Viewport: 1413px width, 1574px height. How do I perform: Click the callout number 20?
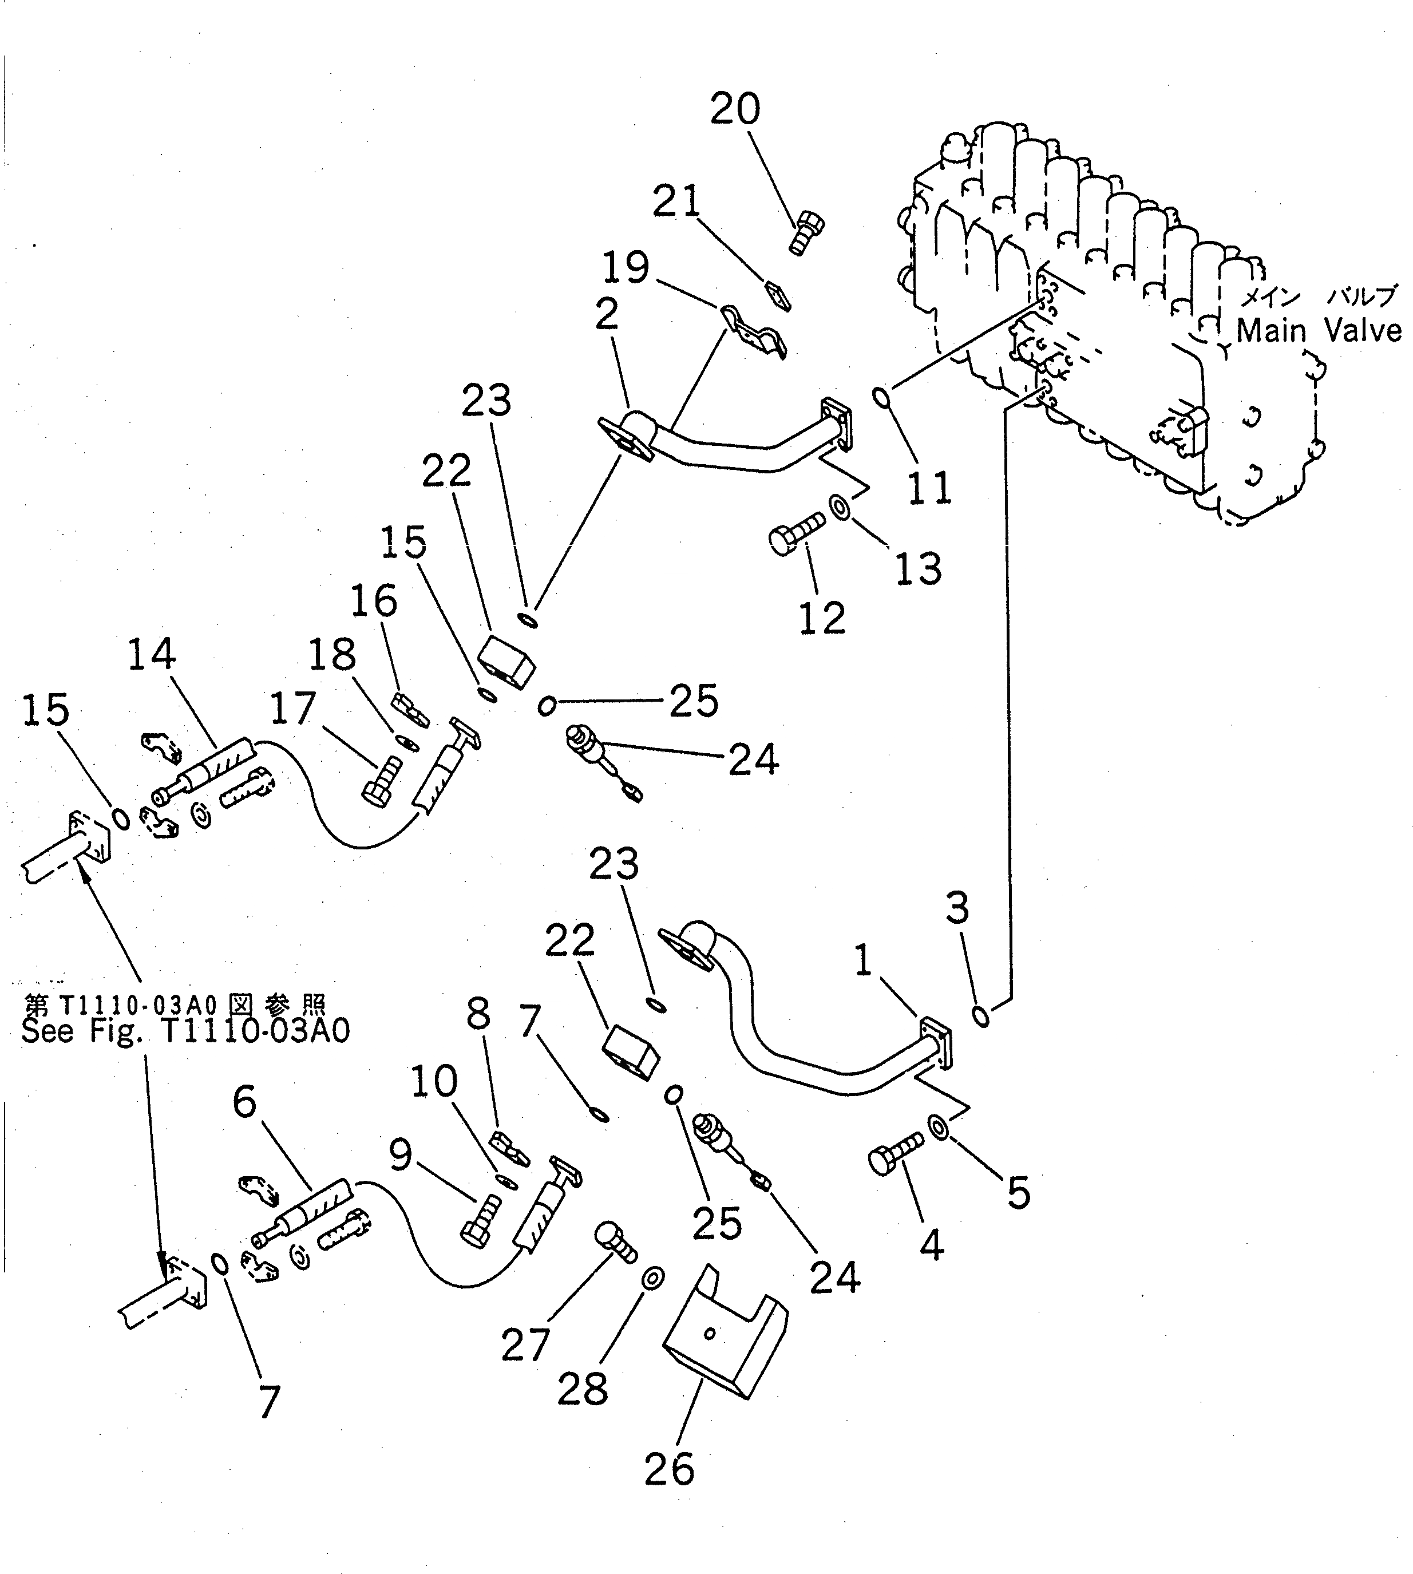coord(734,109)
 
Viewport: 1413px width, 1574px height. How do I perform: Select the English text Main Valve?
coord(1318,331)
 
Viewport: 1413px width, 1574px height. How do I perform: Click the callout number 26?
coord(668,1469)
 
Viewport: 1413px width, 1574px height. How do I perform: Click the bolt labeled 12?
coord(796,535)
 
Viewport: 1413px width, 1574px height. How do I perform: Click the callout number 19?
coord(626,268)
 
